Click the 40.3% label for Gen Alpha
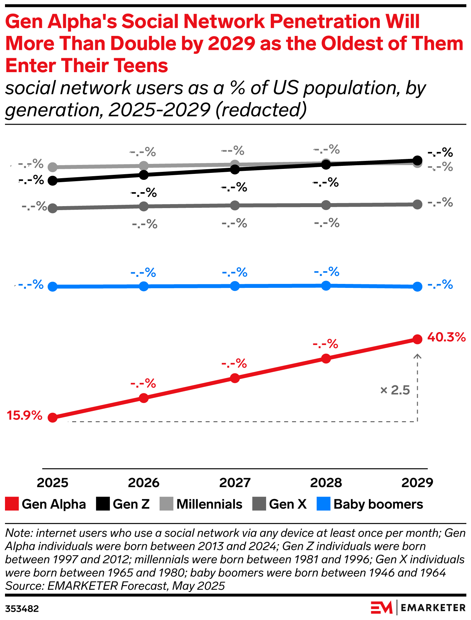tap(446, 337)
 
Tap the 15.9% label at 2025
tap(25, 415)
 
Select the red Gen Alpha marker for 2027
tap(235, 378)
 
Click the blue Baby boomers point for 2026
tap(144, 286)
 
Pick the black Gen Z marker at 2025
tap(53, 181)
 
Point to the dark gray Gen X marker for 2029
tap(417, 204)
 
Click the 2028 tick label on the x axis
tap(326, 483)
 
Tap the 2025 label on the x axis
tap(53, 483)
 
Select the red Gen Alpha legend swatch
tap(12, 504)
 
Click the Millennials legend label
tap(209, 504)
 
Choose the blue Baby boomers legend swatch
tap(323, 504)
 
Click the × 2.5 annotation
tap(395, 390)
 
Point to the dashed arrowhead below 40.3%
tap(417, 356)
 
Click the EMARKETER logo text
tap(433, 608)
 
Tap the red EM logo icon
tap(382, 608)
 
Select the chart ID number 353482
tap(22, 609)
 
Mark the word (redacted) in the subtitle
tap(261, 110)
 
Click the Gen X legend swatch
tap(259, 504)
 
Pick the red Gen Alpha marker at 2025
tap(53, 418)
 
